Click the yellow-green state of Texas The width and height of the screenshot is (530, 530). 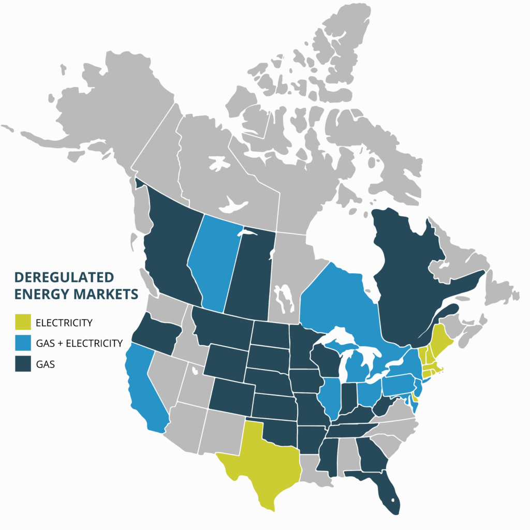click(261, 466)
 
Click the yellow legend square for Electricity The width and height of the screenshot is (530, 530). click(23, 322)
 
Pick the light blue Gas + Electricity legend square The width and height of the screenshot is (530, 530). click(23, 343)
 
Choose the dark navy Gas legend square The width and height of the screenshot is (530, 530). click(23, 364)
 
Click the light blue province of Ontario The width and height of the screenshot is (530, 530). click(336, 305)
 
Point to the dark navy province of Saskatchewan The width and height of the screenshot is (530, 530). click(248, 274)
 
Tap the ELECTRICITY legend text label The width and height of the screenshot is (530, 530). click(64, 322)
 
